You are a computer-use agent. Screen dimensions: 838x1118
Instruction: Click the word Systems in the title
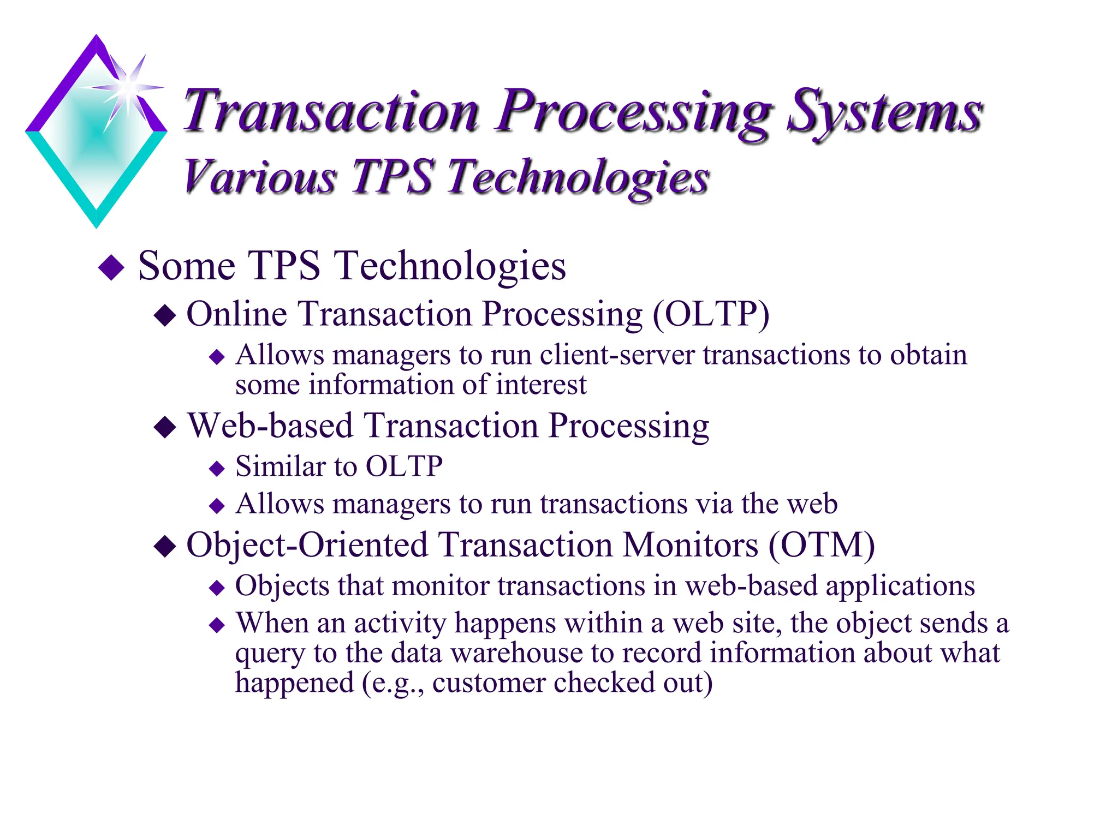point(884,112)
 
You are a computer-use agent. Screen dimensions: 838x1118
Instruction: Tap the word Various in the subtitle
point(260,177)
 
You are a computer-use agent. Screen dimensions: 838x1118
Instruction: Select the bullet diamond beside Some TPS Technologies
point(111,267)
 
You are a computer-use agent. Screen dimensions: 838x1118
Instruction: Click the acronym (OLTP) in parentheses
point(711,314)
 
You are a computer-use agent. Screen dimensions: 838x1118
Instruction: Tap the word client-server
point(617,355)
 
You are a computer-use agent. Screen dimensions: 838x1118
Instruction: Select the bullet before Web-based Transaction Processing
point(165,427)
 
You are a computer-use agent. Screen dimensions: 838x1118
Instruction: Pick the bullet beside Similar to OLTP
point(217,469)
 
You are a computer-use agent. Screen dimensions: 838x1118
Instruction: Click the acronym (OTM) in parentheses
point(822,545)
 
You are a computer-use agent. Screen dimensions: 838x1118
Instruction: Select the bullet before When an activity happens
point(217,625)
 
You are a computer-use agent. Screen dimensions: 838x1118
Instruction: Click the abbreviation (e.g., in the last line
point(393,683)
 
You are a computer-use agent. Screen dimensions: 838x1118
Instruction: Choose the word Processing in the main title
point(633,112)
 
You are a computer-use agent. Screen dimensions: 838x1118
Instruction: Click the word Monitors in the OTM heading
point(691,545)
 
